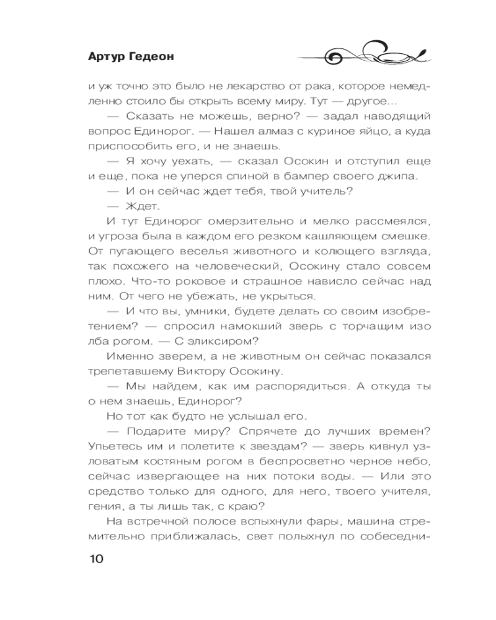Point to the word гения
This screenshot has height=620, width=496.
104,505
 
